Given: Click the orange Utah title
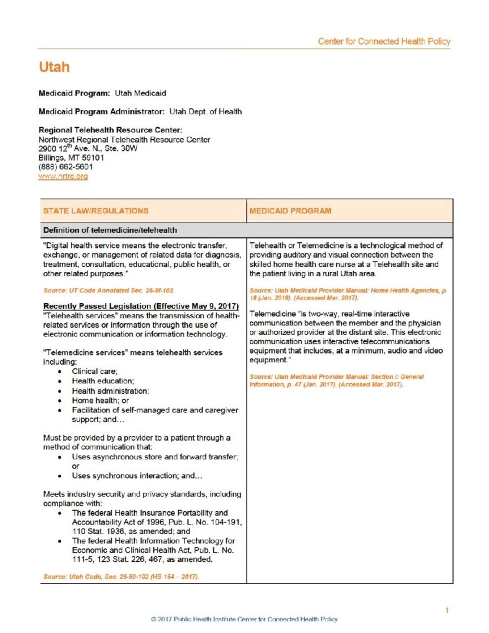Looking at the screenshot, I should point(54,67).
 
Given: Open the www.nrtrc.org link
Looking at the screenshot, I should point(63,176).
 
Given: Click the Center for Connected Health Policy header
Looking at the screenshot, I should point(384,41).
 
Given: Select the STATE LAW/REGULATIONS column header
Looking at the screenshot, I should point(95,211).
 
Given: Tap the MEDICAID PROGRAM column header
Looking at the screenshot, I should point(290,211).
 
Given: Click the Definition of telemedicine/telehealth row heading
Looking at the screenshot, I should point(111,231).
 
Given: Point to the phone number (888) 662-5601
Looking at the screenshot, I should point(66,167).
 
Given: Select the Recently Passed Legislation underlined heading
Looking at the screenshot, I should point(142,307).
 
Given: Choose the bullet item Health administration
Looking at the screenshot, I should point(110,391).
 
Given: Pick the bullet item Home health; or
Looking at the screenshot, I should point(98,401).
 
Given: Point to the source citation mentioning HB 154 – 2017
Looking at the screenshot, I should point(121,576).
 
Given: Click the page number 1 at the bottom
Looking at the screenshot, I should point(447,611).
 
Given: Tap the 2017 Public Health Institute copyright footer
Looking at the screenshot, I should point(244,619).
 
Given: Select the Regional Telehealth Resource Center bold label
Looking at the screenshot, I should point(110,130).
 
